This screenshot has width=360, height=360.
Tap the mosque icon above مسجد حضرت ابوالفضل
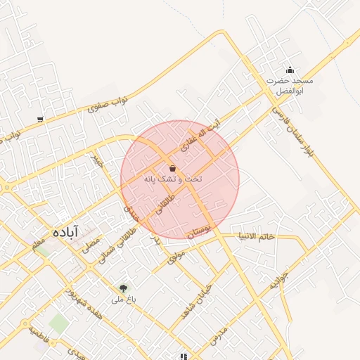click(290, 70)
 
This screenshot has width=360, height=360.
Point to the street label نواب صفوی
click(108, 105)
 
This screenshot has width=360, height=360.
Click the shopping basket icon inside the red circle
click(173, 169)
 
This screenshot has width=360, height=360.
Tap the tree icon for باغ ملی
click(124, 288)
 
